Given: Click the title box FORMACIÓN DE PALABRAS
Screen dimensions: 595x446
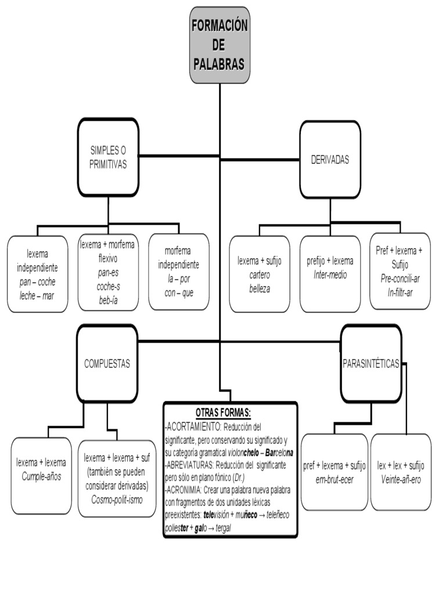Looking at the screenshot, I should [220, 45].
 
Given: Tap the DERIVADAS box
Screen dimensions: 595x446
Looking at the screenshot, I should [330, 160].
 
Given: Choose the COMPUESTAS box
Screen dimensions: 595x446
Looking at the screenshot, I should [107, 364].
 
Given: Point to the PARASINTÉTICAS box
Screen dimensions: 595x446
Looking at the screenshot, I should [371, 364].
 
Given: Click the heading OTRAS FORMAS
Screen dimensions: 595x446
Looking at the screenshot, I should [223, 412].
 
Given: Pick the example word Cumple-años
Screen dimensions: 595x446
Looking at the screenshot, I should [41, 476].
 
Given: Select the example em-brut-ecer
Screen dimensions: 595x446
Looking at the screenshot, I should [334, 479].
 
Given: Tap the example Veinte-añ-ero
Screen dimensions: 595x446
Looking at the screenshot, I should [401, 479].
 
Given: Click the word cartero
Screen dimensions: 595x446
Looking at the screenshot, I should [260, 275].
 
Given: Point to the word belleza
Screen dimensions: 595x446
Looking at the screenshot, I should [260, 289].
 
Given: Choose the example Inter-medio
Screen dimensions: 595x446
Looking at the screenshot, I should [330, 275].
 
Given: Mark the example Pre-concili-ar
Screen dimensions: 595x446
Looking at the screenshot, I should [400, 278].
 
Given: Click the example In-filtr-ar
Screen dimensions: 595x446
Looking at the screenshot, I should [400, 292].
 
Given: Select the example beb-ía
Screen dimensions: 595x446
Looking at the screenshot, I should [108, 300].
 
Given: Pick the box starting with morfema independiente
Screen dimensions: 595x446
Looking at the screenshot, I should [178, 272].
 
